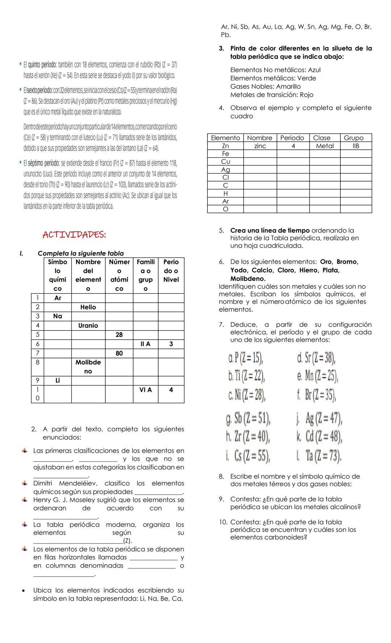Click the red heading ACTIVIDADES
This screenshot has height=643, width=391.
click(74, 235)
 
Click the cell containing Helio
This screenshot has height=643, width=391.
click(88, 307)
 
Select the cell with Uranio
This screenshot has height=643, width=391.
click(88, 325)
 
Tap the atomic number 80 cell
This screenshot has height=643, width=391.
click(119, 353)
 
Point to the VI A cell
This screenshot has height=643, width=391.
click(146, 390)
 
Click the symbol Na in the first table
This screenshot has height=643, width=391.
click(58, 316)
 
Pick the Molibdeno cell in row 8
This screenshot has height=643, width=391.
click(88, 367)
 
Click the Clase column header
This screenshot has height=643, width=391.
click(322, 138)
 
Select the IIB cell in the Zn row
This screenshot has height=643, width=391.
click(356, 146)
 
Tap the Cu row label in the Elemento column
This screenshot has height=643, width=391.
click(226, 162)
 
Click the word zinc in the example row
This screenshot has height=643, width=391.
click(260, 146)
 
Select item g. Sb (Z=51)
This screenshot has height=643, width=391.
click(248, 419)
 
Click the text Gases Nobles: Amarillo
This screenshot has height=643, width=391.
click(265, 86)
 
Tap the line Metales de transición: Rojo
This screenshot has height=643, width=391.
click(272, 95)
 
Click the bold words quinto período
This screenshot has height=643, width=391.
click(40, 65)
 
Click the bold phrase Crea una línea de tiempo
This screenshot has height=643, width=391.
click(270, 230)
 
